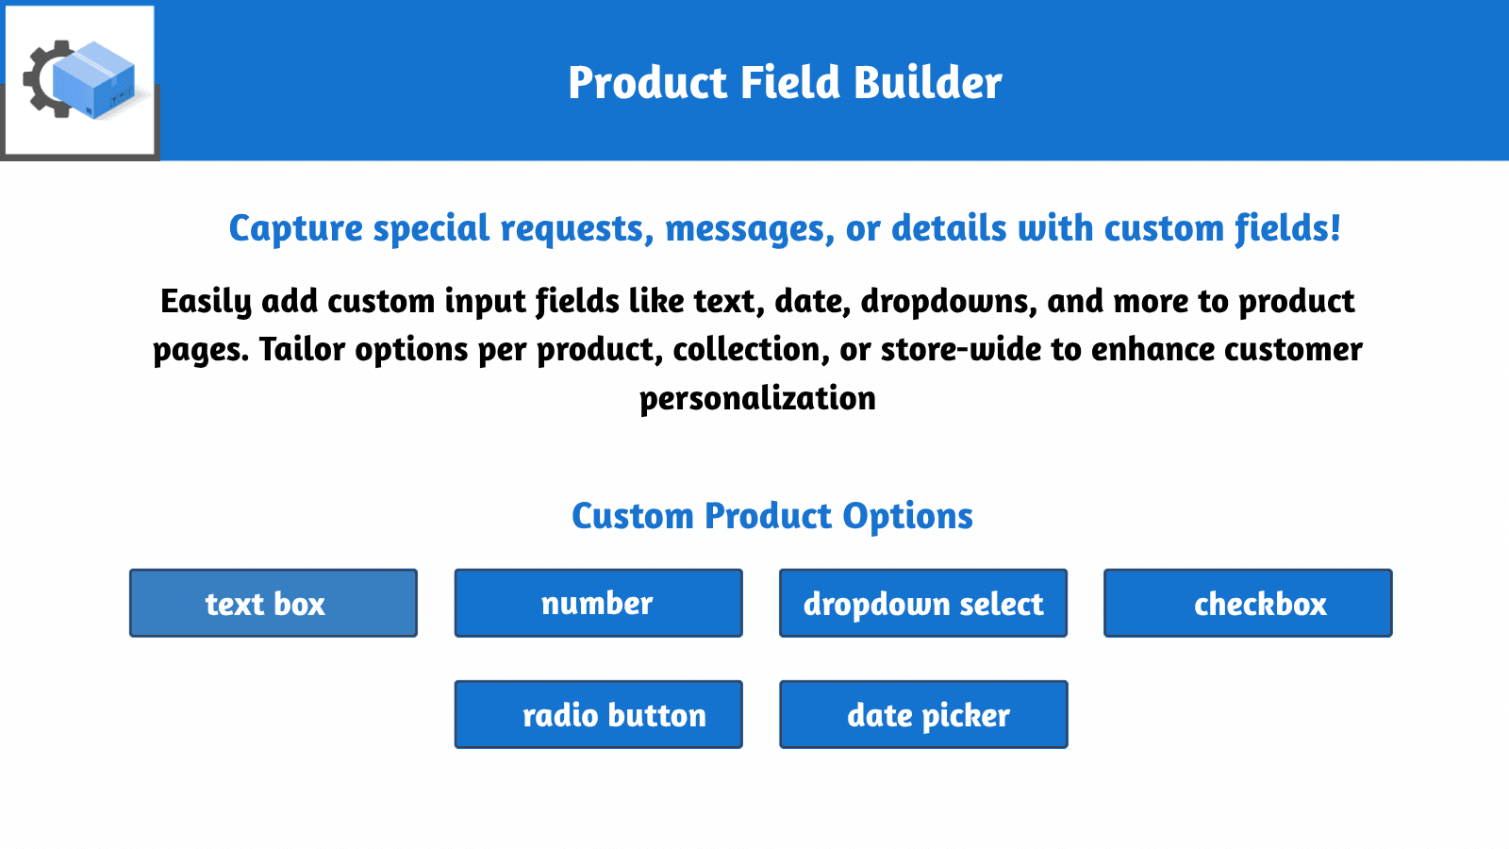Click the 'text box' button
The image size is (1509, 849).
pos(274,603)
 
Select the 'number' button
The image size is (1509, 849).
pos(598,603)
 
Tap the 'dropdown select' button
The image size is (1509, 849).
pos(923,603)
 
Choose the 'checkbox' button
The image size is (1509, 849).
pos(1248,603)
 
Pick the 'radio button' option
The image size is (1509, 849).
pos(598,714)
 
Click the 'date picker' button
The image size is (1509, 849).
pos(923,714)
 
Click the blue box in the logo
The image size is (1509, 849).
pos(94,79)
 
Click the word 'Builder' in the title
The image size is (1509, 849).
pos(927,83)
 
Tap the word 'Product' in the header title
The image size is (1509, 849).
pos(648,83)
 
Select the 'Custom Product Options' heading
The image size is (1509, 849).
pos(771,516)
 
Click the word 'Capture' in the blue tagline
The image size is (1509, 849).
pos(295,229)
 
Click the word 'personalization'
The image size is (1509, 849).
pos(757,398)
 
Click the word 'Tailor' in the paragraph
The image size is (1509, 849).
pos(302,350)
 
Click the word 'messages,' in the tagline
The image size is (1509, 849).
pos(749,229)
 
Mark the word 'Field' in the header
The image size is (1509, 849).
pos(790,83)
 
